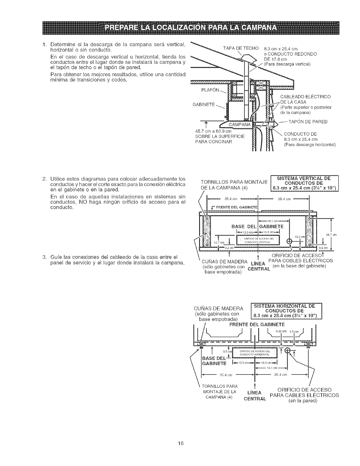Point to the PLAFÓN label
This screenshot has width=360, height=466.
(x=210, y=90)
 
